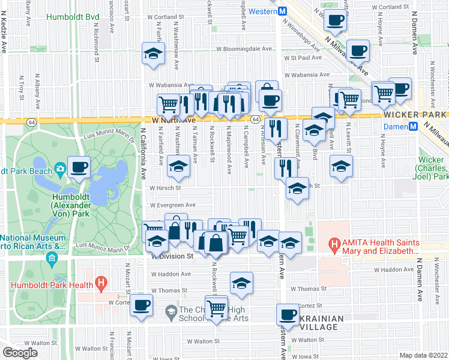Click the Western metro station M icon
click(283, 11)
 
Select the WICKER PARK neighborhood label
click(416, 114)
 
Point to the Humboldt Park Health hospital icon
click(101, 282)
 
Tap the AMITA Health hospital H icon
click(334, 244)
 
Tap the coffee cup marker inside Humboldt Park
click(79, 166)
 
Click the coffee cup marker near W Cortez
click(142, 305)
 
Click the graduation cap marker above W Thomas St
click(241, 283)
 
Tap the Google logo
click(20, 353)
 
